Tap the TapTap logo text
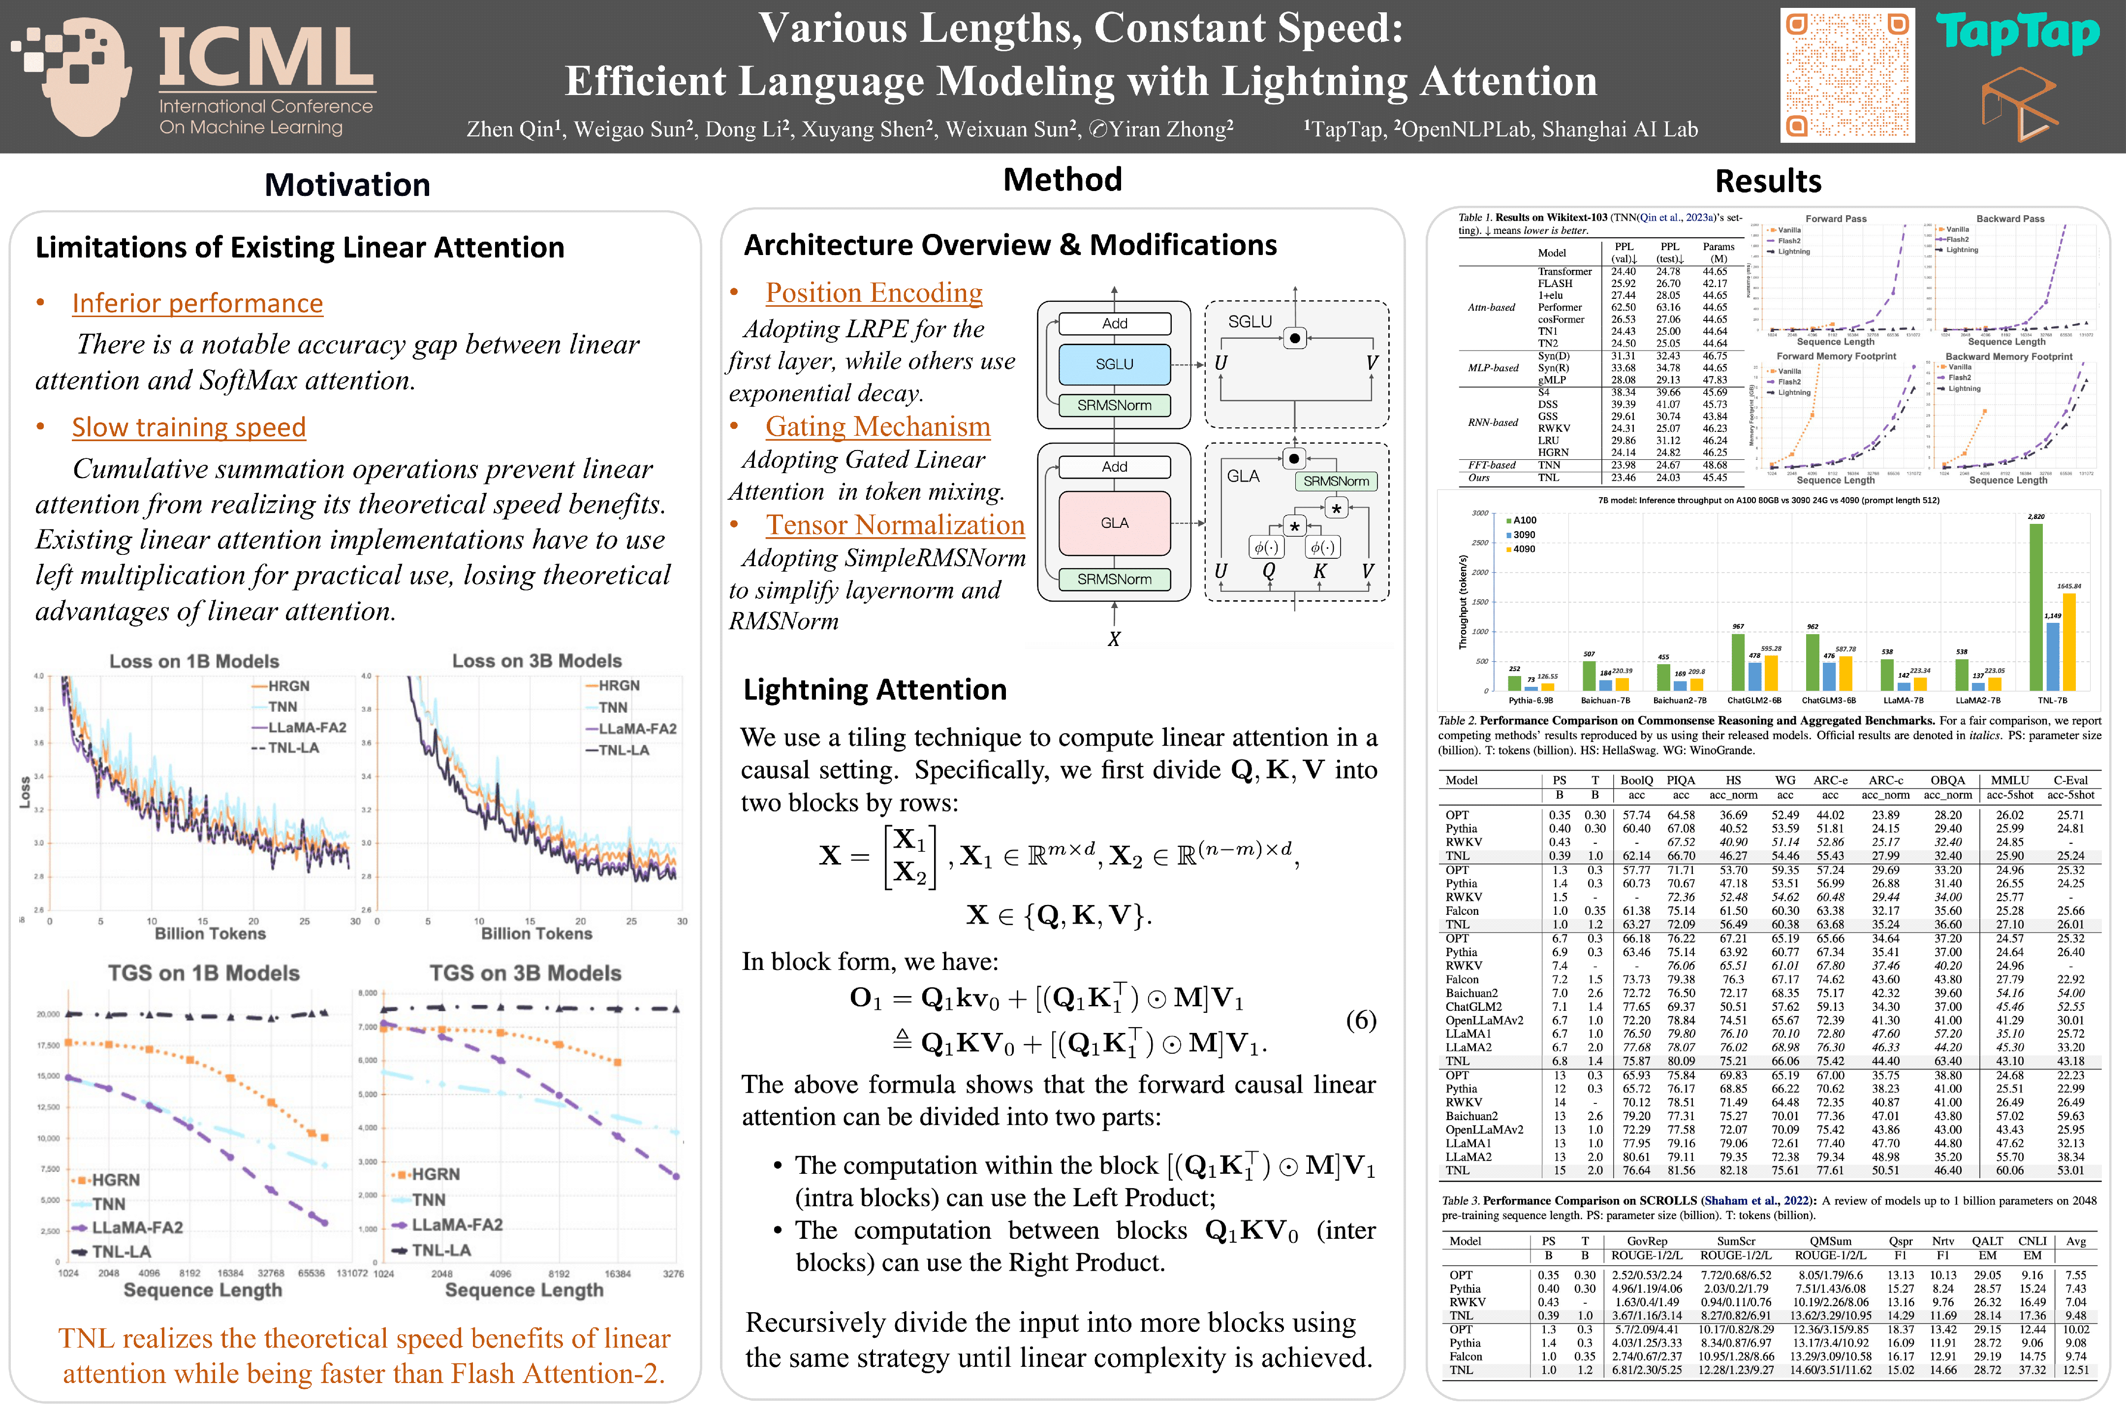click(x=2018, y=34)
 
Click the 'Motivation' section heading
click(x=347, y=185)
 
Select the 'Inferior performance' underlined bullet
click(x=197, y=303)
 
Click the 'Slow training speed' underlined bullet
click(x=189, y=427)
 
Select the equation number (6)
click(x=1360, y=1020)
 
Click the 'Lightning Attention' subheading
click(x=874, y=690)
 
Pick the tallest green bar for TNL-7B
click(x=2035, y=606)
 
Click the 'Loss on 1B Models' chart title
click(x=194, y=661)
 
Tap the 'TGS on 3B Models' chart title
click(x=525, y=973)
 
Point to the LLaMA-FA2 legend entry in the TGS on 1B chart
click(x=136, y=1227)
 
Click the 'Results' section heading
click(x=1767, y=181)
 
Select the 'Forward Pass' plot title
click(x=1835, y=219)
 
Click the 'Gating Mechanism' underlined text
click(x=877, y=427)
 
